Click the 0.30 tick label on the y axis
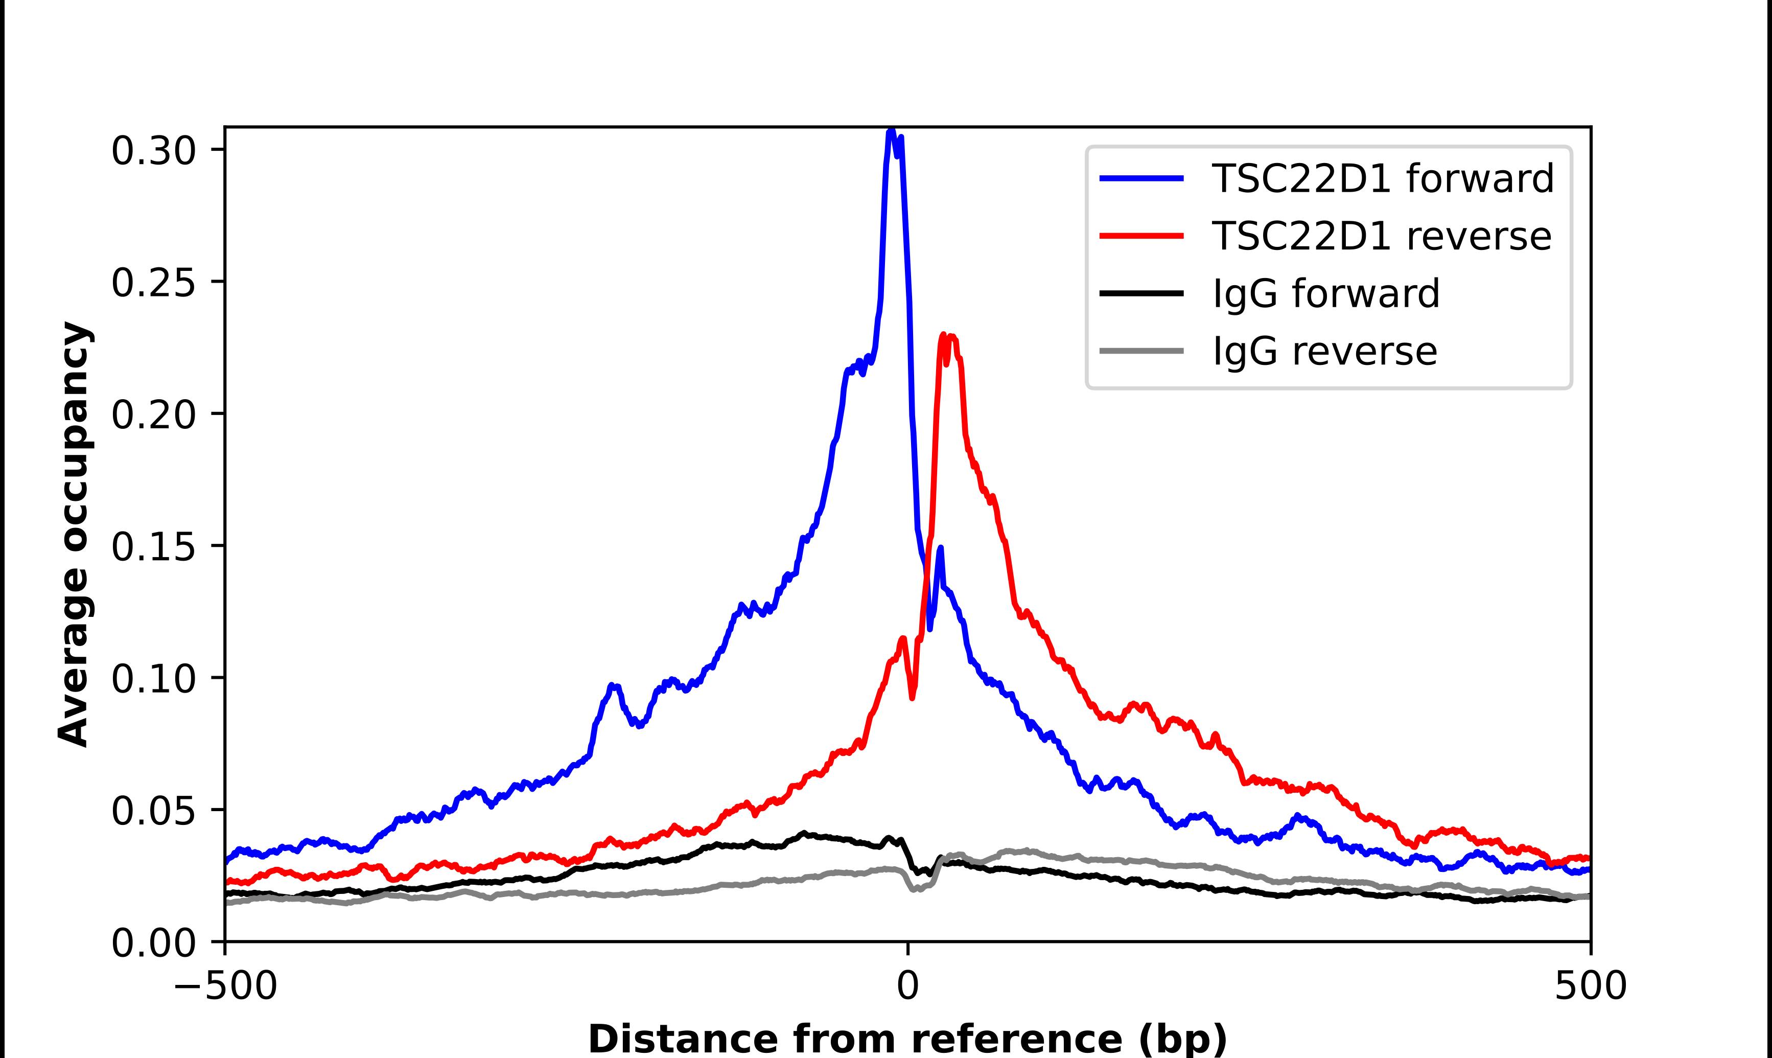pos(153,151)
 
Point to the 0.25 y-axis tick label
pos(153,283)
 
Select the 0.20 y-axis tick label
pos(153,415)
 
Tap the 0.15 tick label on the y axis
pos(153,547)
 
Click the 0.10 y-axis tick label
pos(153,679)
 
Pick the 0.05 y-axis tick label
pos(153,811)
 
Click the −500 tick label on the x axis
pos(225,986)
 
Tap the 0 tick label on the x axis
pos(907,986)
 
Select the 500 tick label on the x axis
pos(1590,986)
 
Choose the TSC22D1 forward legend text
pos(1382,178)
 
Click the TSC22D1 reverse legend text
pos(1381,236)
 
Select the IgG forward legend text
pos(1326,294)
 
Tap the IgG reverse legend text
pos(1324,352)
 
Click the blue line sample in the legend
pos(1141,178)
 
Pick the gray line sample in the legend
pos(1141,351)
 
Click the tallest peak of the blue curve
pos(891,131)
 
